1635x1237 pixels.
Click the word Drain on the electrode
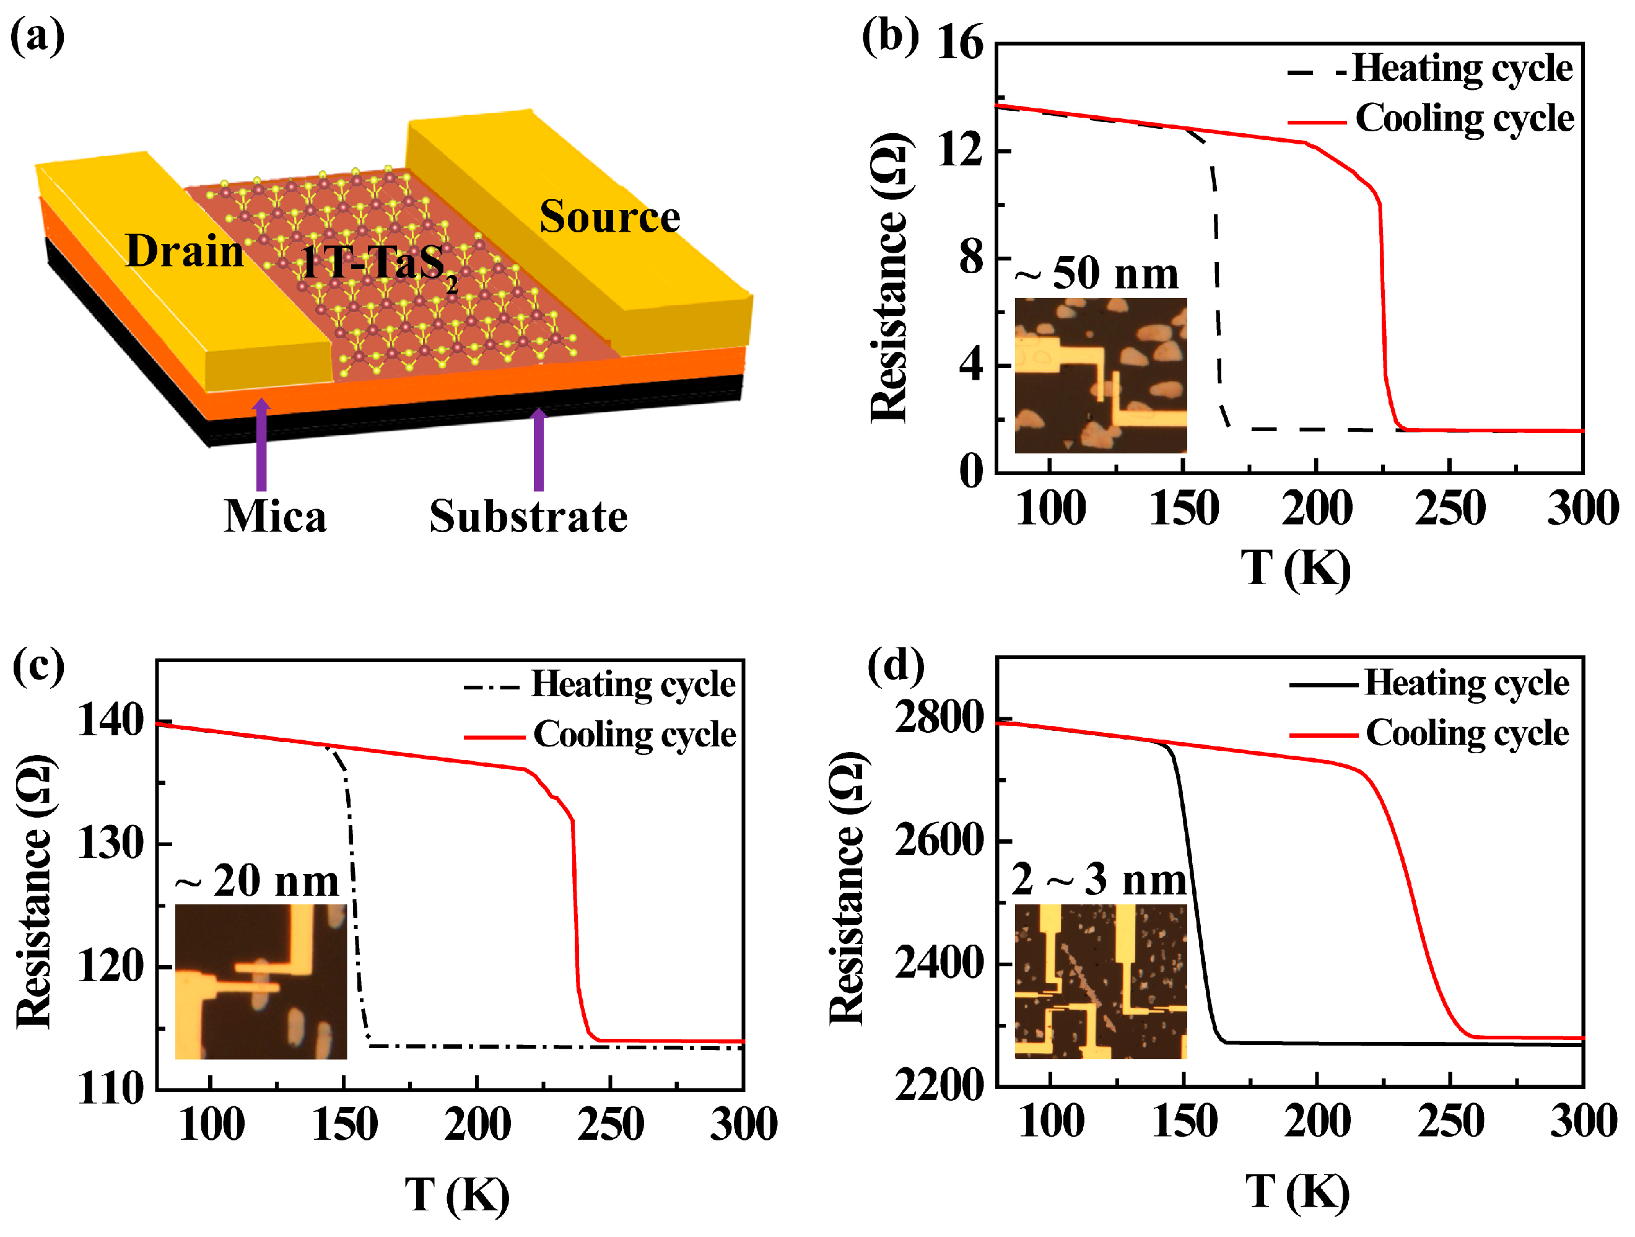pos(184,251)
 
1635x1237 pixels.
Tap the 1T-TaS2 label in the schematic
pos(377,263)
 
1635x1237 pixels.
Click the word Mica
pos(275,517)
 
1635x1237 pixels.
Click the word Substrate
pos(528,517)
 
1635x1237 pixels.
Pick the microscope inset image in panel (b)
pos(1100,375)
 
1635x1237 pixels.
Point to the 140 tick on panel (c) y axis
pos(111,721)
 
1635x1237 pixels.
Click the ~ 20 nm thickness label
pos(257,881)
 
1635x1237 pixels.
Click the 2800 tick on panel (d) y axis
pos(939,717)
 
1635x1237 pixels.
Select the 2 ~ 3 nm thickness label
pos(1099,880)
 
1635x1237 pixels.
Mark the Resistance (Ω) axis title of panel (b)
pos(889,278)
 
